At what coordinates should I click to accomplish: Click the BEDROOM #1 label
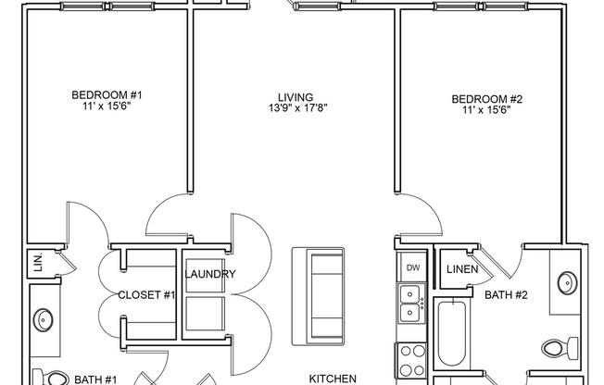107,95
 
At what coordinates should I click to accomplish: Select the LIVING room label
296,95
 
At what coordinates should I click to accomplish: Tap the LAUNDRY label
210,275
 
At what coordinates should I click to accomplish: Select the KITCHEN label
333,378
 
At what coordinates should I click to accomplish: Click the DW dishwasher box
412,267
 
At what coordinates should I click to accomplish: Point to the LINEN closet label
461,269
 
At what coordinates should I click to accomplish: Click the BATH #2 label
506,296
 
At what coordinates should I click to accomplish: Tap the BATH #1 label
95,379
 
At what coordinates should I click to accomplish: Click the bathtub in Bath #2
454,333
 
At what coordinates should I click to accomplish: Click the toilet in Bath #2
559,348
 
